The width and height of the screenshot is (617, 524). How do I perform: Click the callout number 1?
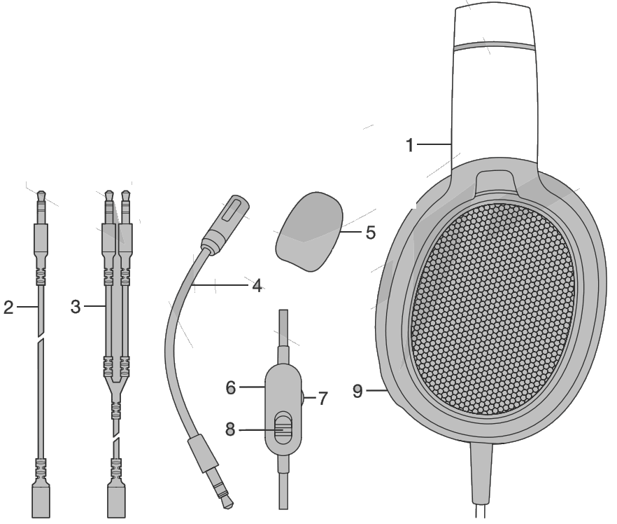tap(411, 145)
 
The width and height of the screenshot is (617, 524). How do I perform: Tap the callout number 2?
tap(8, 308)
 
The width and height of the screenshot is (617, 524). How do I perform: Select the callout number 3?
tap(79, 308)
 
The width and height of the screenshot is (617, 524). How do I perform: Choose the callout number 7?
tap(322, 398)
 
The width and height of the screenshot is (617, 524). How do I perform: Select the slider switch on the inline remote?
tap(281, 427)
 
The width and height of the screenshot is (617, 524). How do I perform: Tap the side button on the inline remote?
tap(303, 397)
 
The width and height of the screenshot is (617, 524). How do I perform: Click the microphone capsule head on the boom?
tap(228, 214)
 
